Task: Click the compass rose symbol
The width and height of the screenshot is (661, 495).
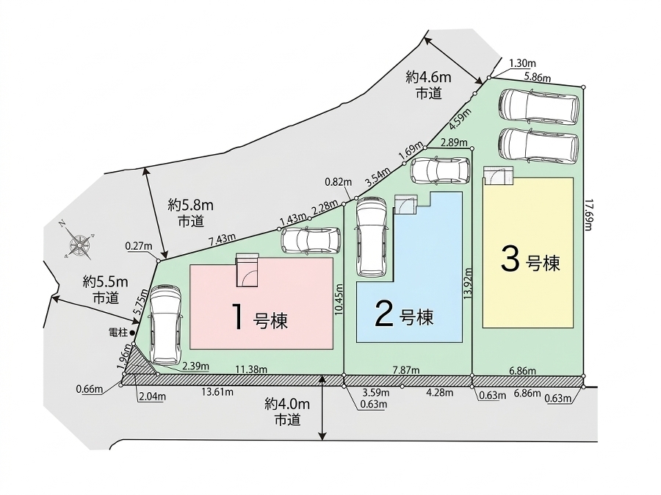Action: (x=79, y=244)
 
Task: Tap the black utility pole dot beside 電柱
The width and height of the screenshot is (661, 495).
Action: (x=132, y=333)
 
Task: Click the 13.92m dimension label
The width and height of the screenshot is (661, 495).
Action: (x=468, y=283)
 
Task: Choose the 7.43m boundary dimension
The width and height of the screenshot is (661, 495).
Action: (x=222, y=239)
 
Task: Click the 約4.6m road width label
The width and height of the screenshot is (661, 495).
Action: (x=428, y=77)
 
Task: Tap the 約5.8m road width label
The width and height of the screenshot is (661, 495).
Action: (x=190, y=206)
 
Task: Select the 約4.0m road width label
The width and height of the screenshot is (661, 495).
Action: (x=287, y=405)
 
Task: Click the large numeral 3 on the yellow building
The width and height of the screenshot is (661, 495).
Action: (x=510, y=260)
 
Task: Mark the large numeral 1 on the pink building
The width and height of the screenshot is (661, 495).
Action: (x=239, y=317)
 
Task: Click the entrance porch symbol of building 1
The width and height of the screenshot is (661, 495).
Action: (x=247, y=270)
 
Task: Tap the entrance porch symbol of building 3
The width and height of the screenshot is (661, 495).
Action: (x=499, y=176)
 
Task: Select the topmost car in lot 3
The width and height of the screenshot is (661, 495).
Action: (x=539, y=106)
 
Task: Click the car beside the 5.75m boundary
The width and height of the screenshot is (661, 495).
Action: (x=167, y=325)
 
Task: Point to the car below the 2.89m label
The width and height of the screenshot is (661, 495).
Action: (x=440, y=171)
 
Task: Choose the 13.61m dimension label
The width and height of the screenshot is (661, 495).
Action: (x=217, y=391)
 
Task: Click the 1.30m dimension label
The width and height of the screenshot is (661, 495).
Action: (x=522, y=63)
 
